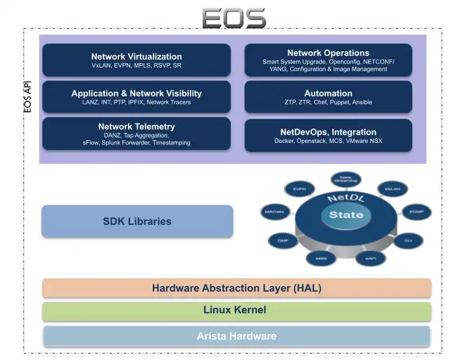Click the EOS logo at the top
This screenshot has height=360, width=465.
tap(233, 18)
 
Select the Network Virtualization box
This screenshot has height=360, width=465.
tap(136, 60)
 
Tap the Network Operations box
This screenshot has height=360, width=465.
tap(328, 60)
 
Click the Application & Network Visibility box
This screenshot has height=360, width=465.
tap(136, 97)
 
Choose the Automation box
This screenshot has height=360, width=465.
tap(328, 97)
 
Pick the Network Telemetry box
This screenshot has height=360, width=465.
tap(136, 134)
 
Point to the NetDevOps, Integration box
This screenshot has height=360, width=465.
tap(328, 136)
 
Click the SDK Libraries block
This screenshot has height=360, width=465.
tap(137, 221)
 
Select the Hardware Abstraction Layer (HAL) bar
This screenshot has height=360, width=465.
tap(237, 288)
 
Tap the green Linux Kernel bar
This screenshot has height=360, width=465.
tap(237, 311)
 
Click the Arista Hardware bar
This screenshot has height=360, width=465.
tap(237, 336)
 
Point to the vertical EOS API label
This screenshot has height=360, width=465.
tap(27, 97)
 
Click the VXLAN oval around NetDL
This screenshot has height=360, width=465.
tap(392, 188)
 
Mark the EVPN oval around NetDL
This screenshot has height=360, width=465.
tap(299, 189)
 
